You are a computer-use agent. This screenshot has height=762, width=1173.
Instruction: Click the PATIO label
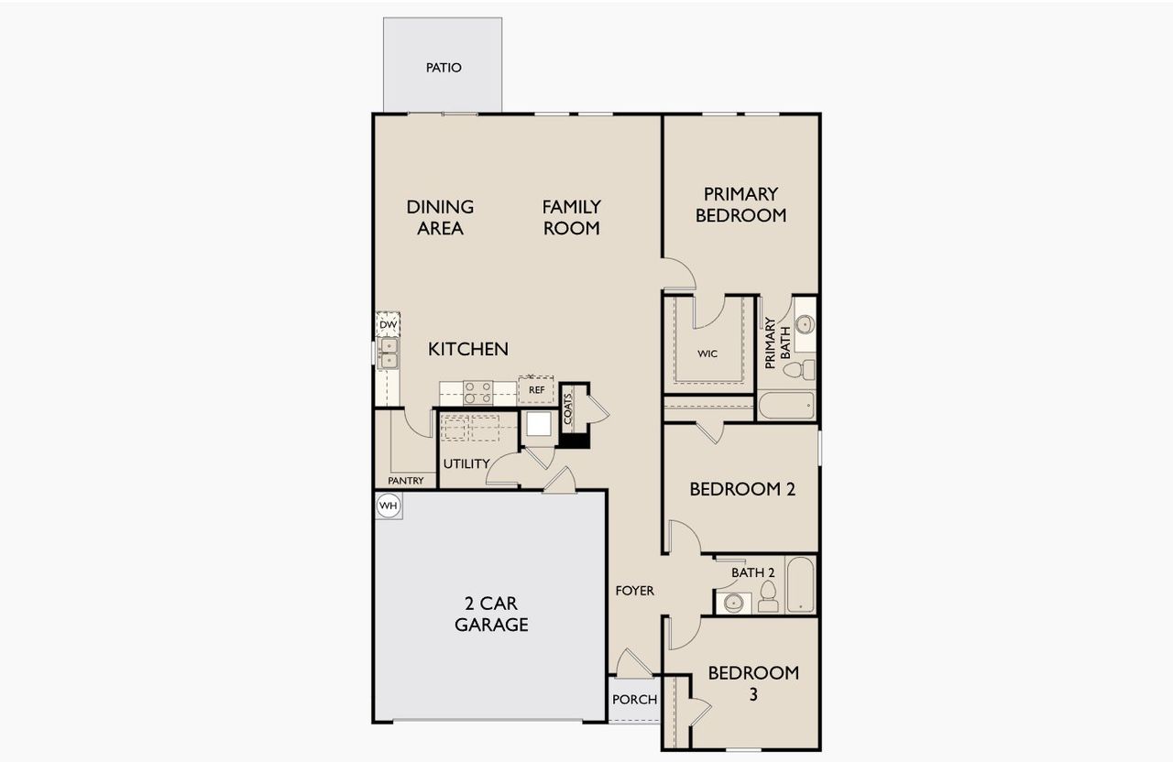444,68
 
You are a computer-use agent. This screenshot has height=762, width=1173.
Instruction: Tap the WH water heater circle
389,506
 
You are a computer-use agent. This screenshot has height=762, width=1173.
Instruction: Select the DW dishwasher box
388,324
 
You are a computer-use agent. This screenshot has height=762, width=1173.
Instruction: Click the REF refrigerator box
537,390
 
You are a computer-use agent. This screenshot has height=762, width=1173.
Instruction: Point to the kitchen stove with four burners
477,393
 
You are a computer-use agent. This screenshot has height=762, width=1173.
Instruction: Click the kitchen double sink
389,353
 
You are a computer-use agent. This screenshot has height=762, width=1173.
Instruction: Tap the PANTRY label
405,481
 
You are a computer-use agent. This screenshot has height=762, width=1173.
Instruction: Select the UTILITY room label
466,463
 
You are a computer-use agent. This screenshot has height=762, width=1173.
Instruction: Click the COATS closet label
568,408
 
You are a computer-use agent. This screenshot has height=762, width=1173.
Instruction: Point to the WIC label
707,353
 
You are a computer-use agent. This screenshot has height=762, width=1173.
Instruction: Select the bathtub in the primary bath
785,406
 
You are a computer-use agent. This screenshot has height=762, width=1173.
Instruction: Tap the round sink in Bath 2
733,603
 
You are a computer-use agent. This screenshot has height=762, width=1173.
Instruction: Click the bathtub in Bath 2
799,584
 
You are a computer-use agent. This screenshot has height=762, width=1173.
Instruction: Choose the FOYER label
634,591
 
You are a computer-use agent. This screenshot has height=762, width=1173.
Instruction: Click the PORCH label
634,700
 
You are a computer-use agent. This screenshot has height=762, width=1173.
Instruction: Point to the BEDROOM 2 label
742,489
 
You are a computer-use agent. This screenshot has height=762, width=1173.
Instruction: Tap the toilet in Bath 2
768,599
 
